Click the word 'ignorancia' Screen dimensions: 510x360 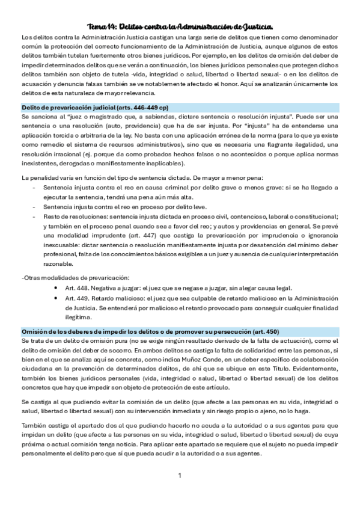point(319,236)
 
